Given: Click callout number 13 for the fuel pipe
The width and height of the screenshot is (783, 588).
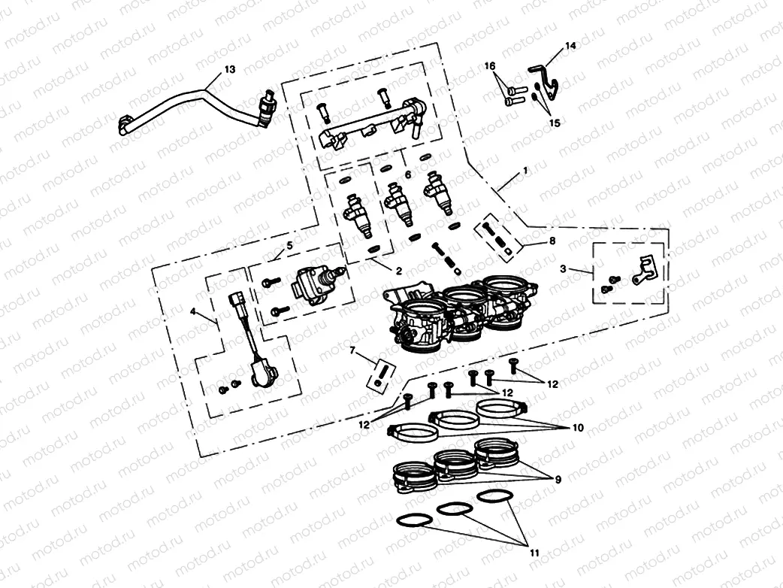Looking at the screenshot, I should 230,69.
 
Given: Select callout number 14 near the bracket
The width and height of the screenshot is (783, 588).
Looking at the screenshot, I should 570,46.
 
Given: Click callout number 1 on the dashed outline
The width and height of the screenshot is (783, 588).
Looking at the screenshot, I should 525,171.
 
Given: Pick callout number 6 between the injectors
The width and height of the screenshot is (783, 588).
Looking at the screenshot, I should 408,174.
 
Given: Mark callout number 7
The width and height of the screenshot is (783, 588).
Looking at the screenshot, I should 352,350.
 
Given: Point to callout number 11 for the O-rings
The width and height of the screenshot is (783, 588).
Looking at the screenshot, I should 534,553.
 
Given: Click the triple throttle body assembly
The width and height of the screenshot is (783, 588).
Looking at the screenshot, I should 458,316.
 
